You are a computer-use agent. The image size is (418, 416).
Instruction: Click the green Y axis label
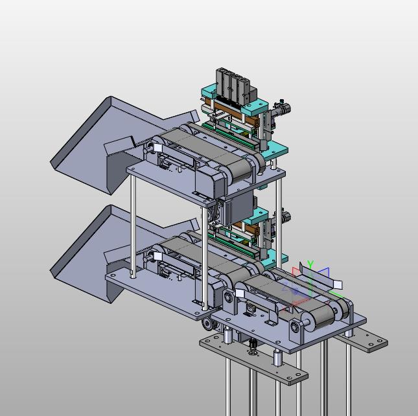pyautogui.click(x=310, y=264)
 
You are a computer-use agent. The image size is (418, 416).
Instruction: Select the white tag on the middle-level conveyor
pyautogui.click(x=157, y=257)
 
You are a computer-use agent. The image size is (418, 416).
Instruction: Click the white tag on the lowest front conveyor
pyautogui.click(x=240, y=293)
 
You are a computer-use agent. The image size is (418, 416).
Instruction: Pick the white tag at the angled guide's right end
pyautogui.click(x=338, y=285)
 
